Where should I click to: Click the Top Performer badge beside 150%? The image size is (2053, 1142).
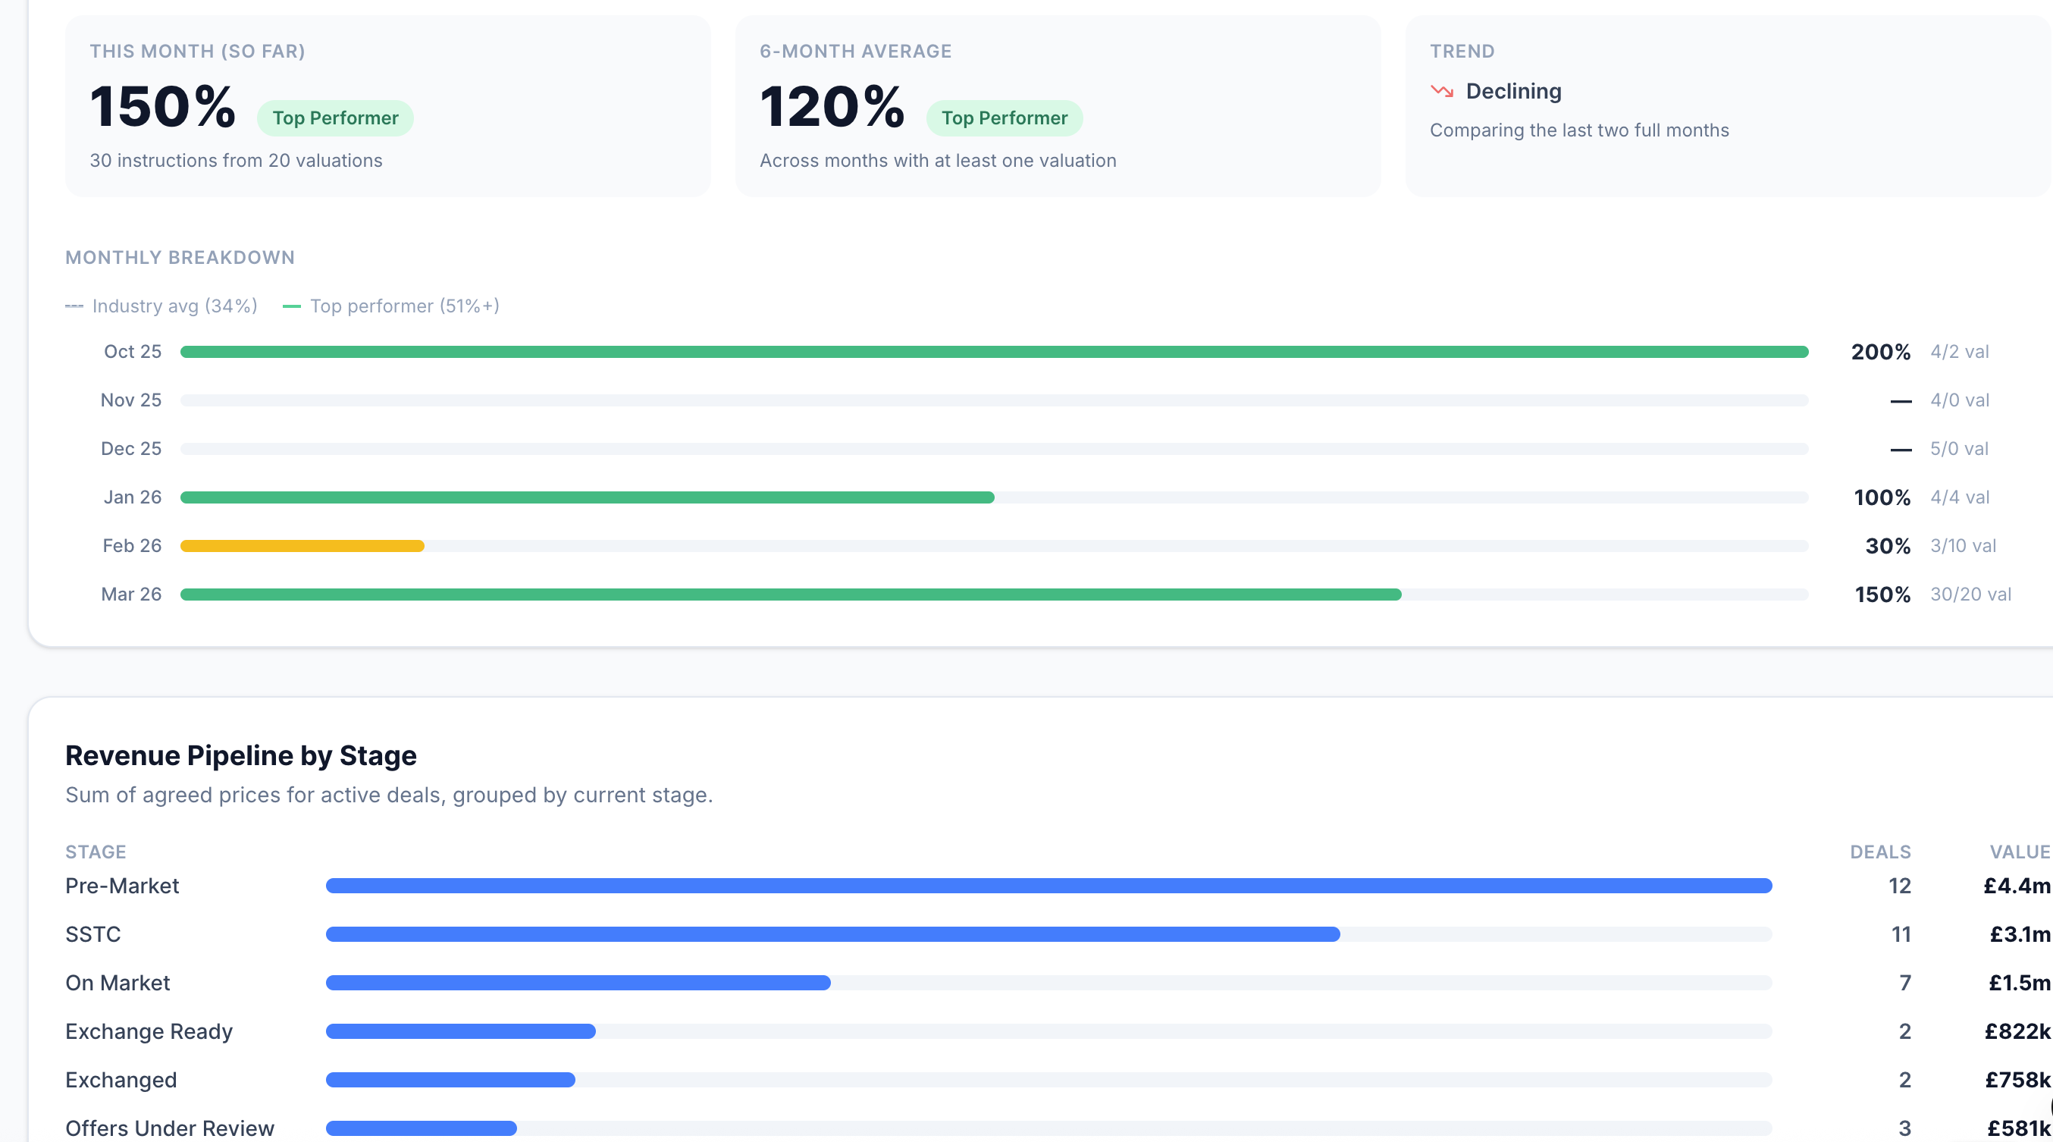coord(335,118)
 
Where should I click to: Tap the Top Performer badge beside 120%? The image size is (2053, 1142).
coord(1005,118)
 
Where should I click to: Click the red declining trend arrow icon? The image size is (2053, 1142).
coord(1442,92)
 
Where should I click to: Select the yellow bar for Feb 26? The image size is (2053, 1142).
coord(302,546)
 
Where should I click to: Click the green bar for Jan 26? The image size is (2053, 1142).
coord(587,497)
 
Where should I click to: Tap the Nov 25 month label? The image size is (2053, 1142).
coord(130,400)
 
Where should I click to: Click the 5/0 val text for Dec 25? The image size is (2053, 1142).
coord(1959,449)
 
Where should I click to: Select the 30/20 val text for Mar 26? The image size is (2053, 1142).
coord(1970,595)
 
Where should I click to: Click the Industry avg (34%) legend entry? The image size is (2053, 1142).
coord(161,306)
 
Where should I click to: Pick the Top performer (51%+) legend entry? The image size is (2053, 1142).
coord(391,306)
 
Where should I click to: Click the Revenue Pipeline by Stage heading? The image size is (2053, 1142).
coord(240,755)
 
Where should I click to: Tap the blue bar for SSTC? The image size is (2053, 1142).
coord(833,934)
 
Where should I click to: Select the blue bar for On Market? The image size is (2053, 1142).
coord(578,983)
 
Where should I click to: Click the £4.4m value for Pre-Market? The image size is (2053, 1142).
coord(2017,886)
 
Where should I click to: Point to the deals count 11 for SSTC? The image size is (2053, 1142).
coord(1901,934)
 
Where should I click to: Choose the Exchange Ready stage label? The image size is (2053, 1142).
coord(149,1031)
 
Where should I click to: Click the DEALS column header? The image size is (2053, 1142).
coord(1880,852)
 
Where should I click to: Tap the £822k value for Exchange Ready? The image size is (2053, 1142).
coord(2017,1031)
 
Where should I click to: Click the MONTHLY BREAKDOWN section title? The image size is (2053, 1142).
coord(180,257)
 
